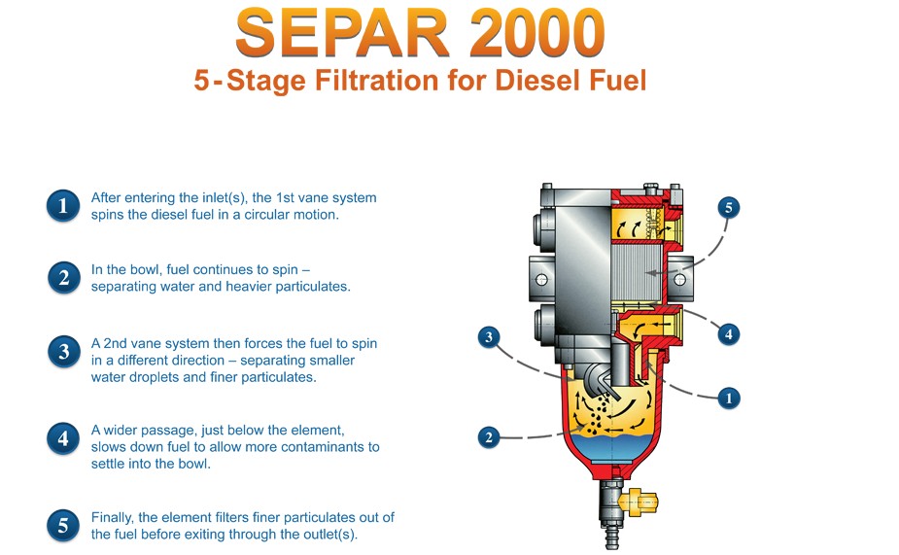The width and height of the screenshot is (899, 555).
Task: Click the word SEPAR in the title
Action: (x=342, y=33)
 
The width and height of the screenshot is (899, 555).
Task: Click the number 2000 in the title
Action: (x=536, y=33)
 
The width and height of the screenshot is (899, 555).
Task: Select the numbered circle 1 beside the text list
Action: (x=63, y=206)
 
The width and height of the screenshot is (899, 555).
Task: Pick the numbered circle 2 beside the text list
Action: (x=63, y=278)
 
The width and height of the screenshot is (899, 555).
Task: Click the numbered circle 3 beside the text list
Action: (x=63, y=352)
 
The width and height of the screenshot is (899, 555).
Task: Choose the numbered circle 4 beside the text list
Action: (x=63, y=438)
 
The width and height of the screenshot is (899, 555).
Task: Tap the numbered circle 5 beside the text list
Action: (x=63, y=526)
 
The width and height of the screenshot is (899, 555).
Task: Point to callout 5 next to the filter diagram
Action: (x=728, y=208)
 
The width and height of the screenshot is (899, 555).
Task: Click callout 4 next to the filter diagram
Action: (x=728, y=334)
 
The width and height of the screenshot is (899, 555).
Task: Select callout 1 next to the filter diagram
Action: (x=729, y=398)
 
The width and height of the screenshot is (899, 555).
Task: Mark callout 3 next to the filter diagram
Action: (x=489, y=337)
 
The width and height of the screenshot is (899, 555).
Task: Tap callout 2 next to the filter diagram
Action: (x=489, y=438)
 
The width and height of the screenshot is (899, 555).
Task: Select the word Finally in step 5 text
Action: (x=111, y=518)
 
